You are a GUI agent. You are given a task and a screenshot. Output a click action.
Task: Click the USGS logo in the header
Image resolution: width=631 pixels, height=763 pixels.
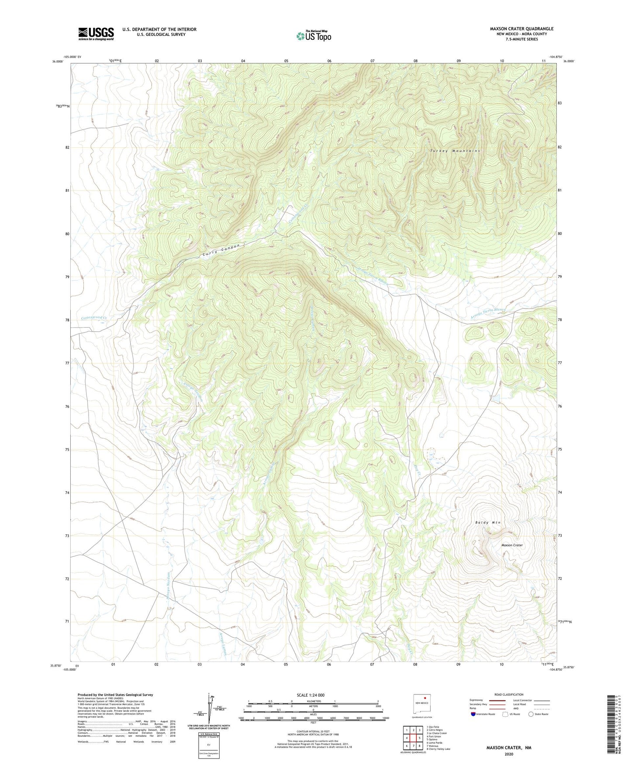coord(96,34)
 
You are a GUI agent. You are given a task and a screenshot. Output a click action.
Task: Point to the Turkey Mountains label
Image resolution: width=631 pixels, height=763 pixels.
coord(455,151)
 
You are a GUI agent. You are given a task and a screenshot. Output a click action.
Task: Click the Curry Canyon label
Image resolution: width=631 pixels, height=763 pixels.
coord(222,250)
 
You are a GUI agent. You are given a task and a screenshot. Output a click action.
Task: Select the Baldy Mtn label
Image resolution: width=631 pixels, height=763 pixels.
coord(487,523)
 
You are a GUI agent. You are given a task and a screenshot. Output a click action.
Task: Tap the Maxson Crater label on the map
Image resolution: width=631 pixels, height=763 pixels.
coord(512,545)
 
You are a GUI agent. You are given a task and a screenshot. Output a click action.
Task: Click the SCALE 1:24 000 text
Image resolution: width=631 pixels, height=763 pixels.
coord(310,695)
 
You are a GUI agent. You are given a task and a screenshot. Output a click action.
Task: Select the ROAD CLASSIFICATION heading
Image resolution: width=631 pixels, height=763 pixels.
coord(508,694)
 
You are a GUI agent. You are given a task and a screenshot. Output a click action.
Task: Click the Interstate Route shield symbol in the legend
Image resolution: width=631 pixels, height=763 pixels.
coord(473,714)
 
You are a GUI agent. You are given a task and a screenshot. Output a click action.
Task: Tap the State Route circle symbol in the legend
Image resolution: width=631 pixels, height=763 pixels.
coord(531,714)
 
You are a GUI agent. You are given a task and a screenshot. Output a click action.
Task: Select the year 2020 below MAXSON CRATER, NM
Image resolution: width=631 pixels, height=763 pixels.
coord(508,754)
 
